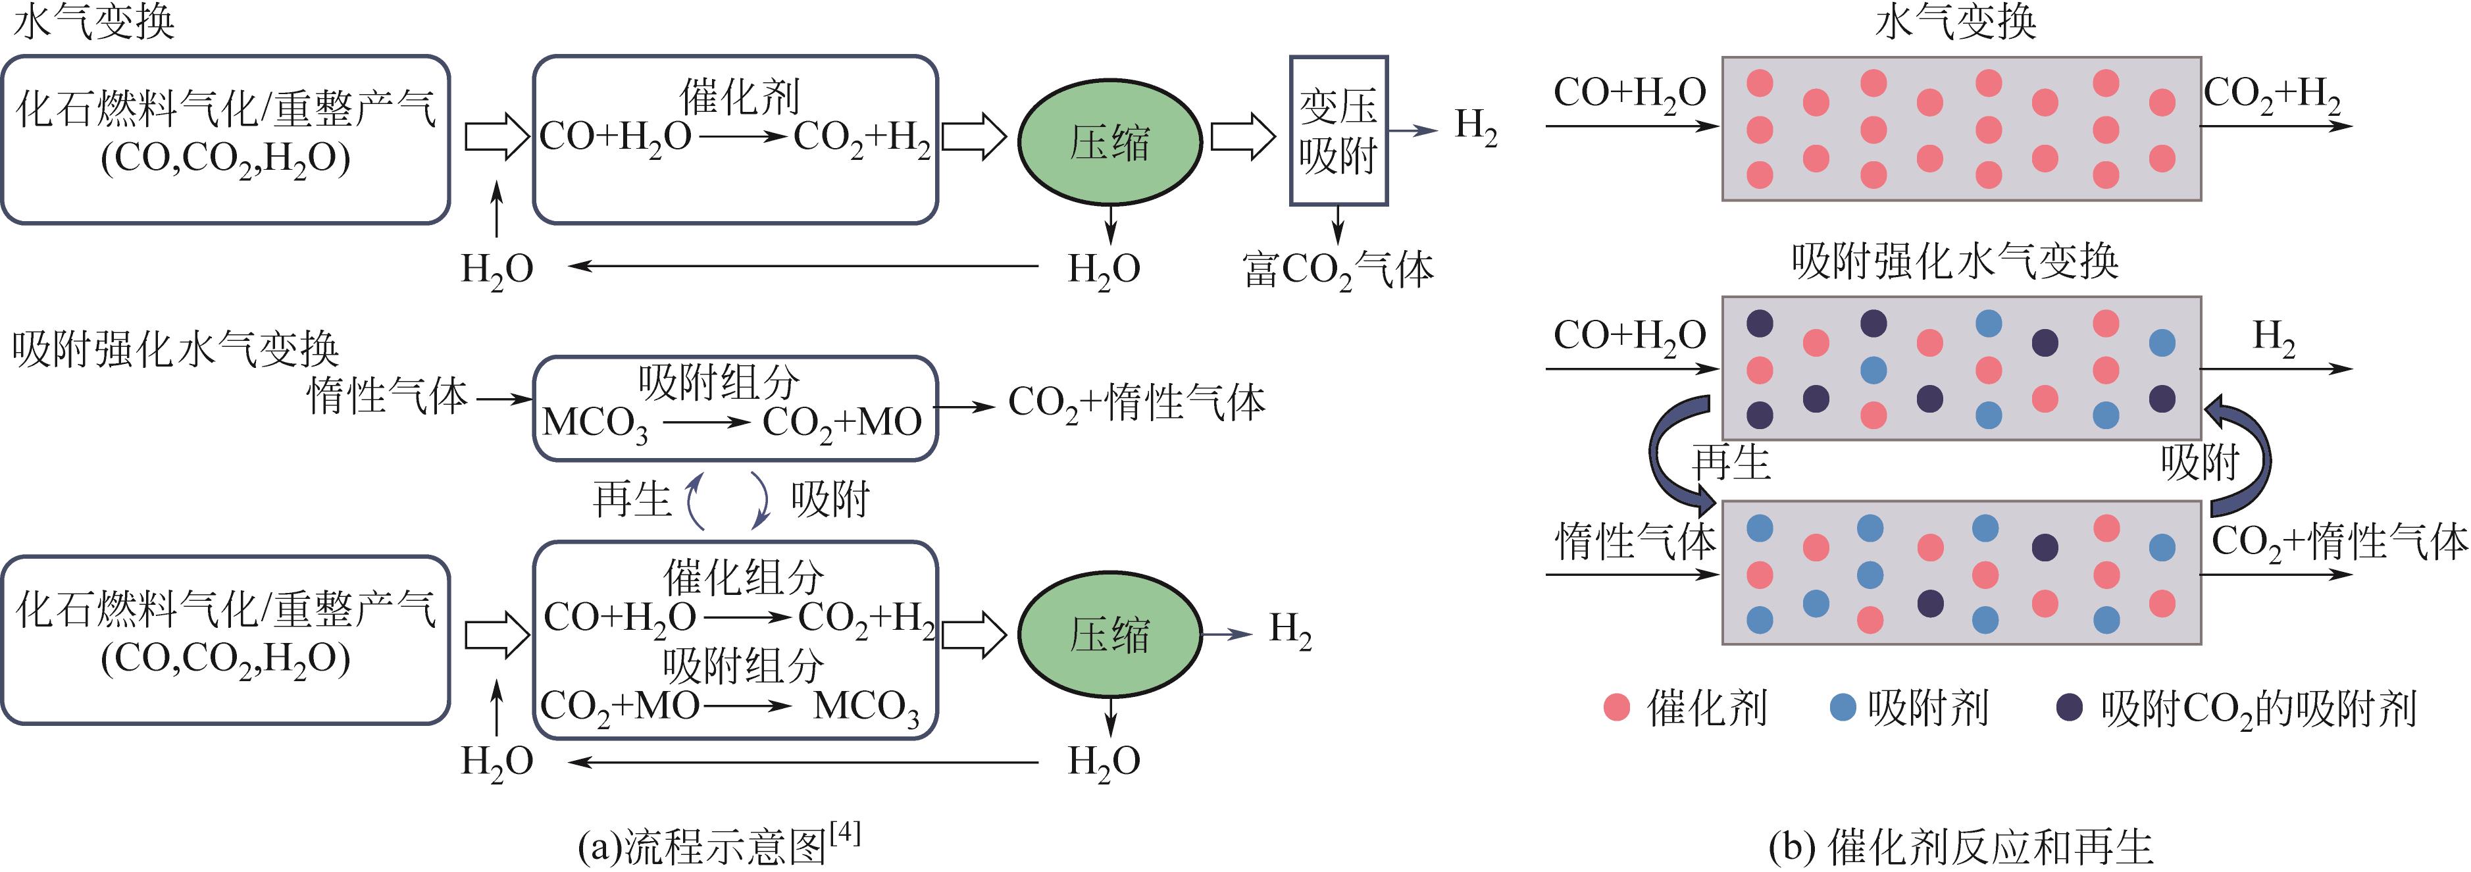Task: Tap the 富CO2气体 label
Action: pyautogui.click(x=1337, y=270)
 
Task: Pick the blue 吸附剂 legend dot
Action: pyautogui.click(x=1843, y=708)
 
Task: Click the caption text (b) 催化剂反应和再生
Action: pyautogui.click(x=1961, y=847)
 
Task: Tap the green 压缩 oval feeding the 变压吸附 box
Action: pyautogui.click(x=1109, y=142)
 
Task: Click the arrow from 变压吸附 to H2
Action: pyautogui.click(x=1412, y=130)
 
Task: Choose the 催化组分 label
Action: pyautogui.click(x=744, y=577)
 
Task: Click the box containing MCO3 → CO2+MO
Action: pyautogui.click(x=735, y=409)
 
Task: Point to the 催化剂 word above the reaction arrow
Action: pyautogui.click(x=738, y=97)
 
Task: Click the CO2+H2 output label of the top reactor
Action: pyautogui.click(x=2272, y=95)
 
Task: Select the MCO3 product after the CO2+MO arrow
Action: pyautogui.click(x=865, y=708)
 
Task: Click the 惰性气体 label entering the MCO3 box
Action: pyautogui.click(x=386, y=396)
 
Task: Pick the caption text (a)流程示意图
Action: pyautogui.click(x=702, y=847)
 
